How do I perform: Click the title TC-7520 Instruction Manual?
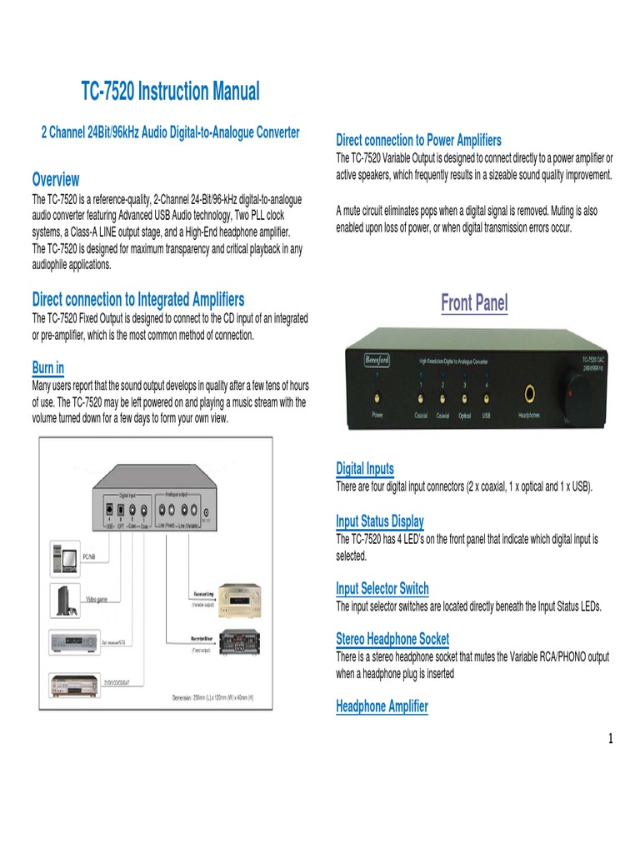[x=170, y=91]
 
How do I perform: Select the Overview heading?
[x=56, y=179]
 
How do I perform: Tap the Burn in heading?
[x=47, y=367]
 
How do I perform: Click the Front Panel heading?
[x=473, y=303]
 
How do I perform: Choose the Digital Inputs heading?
[x=364, y=468]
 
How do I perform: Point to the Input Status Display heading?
[x=379, y=521]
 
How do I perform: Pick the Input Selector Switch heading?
[x=382, y=588]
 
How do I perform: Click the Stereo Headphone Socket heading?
[x=392, y=639]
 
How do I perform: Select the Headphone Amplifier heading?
[x=382, y=706]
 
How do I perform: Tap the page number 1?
[x=610, y=739]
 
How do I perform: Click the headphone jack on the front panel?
[x=528, y=392]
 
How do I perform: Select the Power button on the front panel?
[x=377, y=394]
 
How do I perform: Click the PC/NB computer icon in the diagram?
[x=66, y=560]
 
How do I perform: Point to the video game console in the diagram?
[x=64, y=599]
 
